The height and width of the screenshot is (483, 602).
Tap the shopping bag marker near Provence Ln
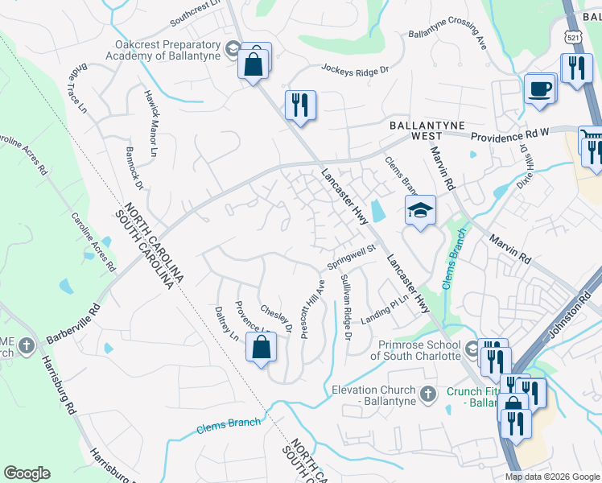(261, 349)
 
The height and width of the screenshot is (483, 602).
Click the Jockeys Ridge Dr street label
(354, 70)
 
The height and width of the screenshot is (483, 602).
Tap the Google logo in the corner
(27, 473)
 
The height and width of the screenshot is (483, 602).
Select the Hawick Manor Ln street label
(151, 122)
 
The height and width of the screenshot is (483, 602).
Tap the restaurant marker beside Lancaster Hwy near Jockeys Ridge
(300, 105)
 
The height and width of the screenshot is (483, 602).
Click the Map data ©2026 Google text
(551, 477)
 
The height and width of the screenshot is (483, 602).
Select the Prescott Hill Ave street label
(312, 309)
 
